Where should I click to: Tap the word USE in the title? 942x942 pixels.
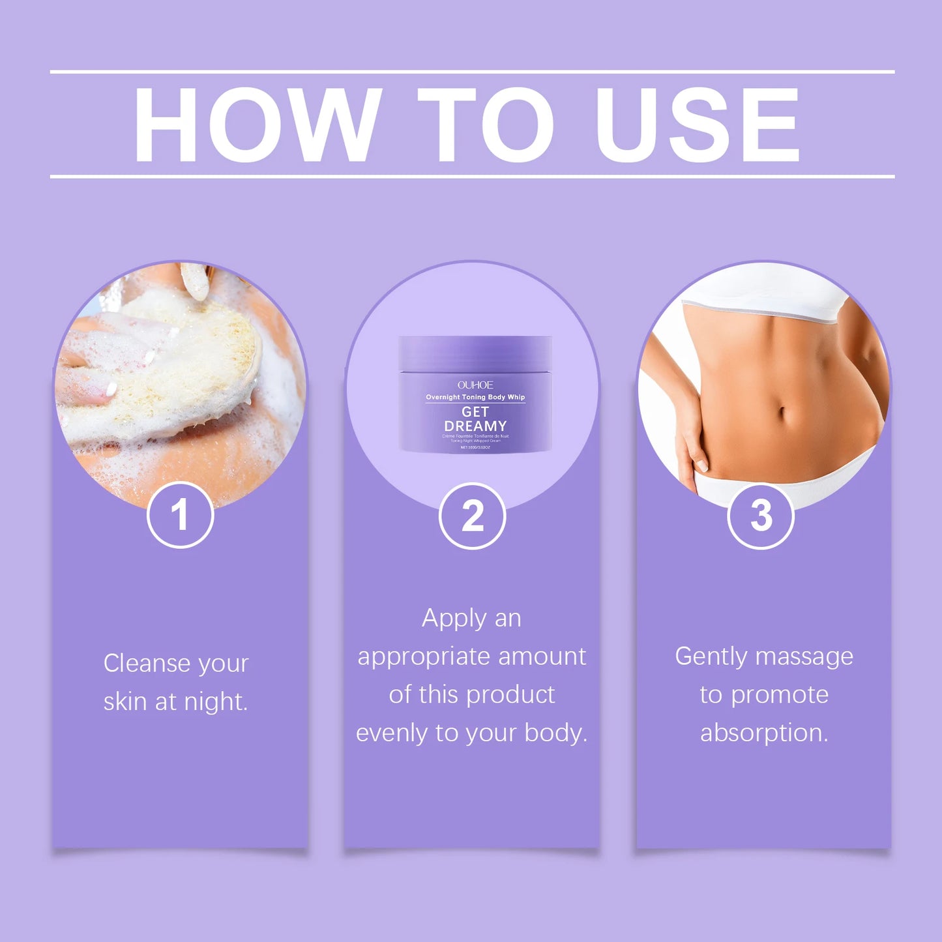point(698,124)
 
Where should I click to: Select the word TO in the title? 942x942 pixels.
point(486,124)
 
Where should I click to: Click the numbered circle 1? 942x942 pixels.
point(181,515)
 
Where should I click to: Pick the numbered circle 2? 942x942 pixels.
point(472,516)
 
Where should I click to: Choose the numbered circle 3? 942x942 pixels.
point(761,516)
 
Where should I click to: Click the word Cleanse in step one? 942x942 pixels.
point(147,663)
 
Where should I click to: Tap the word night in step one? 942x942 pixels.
point(215,701)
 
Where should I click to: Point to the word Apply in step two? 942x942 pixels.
point(454,619)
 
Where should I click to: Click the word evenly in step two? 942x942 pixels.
point(392,733)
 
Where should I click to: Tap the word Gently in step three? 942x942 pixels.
point(711,656)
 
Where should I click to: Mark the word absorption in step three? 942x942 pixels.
point(764,733)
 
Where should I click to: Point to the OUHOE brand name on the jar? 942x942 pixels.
point(475,385)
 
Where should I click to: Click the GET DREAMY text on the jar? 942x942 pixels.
point(475,419)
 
